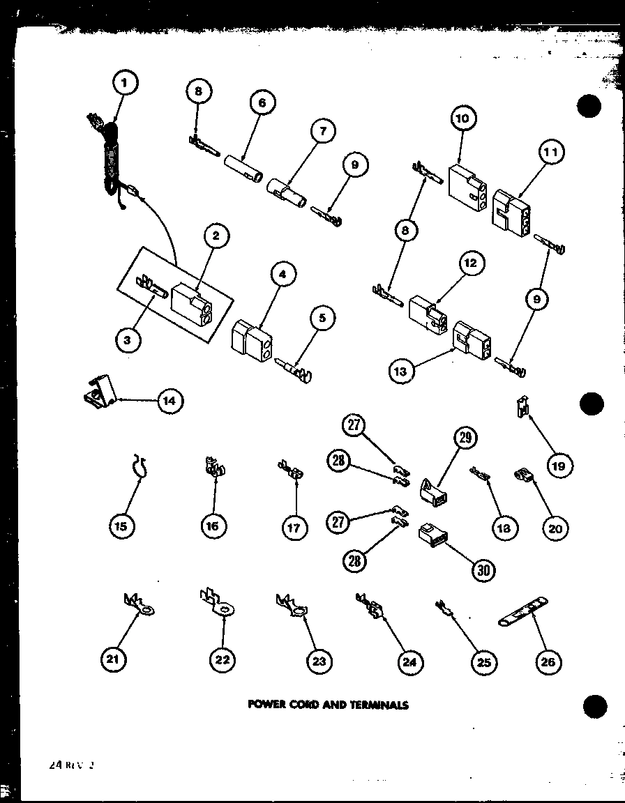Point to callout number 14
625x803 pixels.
click(170, 401)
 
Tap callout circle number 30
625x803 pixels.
click(483, 569)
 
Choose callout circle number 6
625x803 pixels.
click(262, 103)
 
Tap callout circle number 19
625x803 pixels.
click(558, 465)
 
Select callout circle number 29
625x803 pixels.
click(464, 437)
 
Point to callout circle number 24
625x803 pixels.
click(409, 661)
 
